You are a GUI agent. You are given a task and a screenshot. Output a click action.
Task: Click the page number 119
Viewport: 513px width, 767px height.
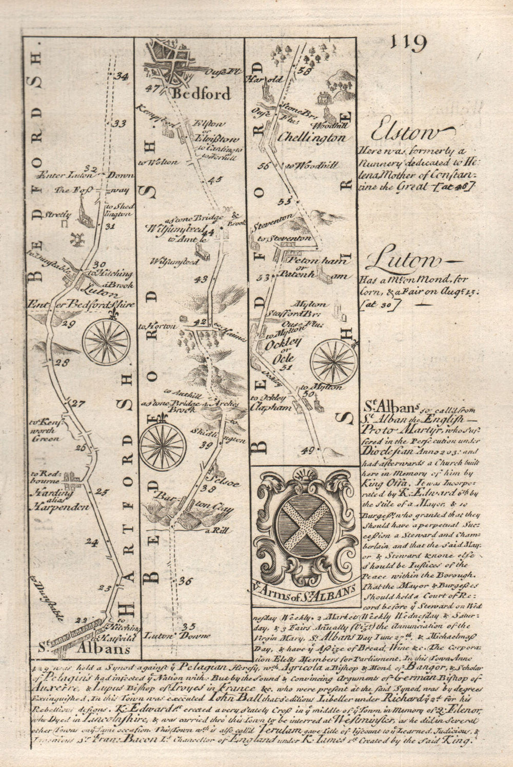pyautogui.click(x=408, y=43)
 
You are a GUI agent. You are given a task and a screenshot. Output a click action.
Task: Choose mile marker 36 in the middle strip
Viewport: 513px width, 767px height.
pyautogui.click(x=185, y=581)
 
